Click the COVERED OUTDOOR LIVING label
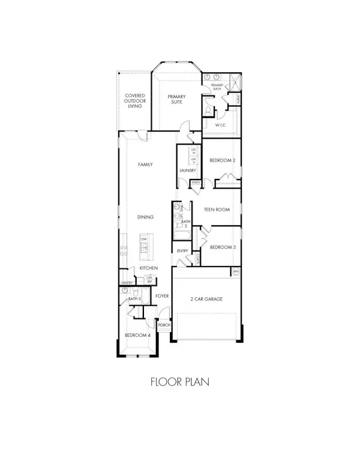133,101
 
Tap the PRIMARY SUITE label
176,100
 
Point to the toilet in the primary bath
207,112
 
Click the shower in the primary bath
235,80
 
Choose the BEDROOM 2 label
221,160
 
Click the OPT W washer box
193,151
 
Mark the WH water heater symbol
236,272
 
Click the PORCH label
164,325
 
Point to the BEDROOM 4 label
137,336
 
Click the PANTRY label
127,282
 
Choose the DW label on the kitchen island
144,240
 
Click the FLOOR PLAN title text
180,381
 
